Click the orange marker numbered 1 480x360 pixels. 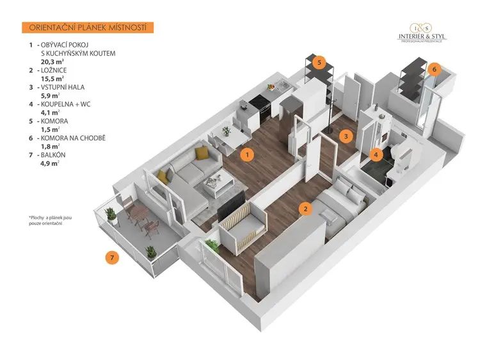click(x=247, y=155)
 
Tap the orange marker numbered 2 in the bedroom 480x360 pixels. click(x=305, y=209)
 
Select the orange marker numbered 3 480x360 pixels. click(x=346, y=136)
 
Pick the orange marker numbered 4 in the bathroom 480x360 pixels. click(x=376, y=154)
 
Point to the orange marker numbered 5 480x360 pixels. click(x=319, y=63)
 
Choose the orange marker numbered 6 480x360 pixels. click(x=434, y=69)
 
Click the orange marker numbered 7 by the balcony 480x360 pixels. click(x=112, y=258)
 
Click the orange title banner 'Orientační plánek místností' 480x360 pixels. click(x=88, y=28)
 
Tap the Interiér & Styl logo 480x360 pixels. click(x=422, y=33)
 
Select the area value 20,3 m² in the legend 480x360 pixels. click(x=52, y=61)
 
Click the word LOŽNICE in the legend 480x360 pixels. click(x=54, y=70)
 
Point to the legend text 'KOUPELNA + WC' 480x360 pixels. click(x=65, y=104)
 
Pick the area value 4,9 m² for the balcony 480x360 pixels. click(x=49, y=163)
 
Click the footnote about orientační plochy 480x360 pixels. click(x=50, y=220)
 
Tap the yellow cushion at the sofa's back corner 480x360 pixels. click(x=201, y=153)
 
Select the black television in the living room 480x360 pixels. click(x=231, y=206)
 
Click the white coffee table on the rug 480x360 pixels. click(x=218, y=183)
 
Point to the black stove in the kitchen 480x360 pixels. click(x=260, y=108)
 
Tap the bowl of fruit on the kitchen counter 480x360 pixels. click(x=271, y=87)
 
